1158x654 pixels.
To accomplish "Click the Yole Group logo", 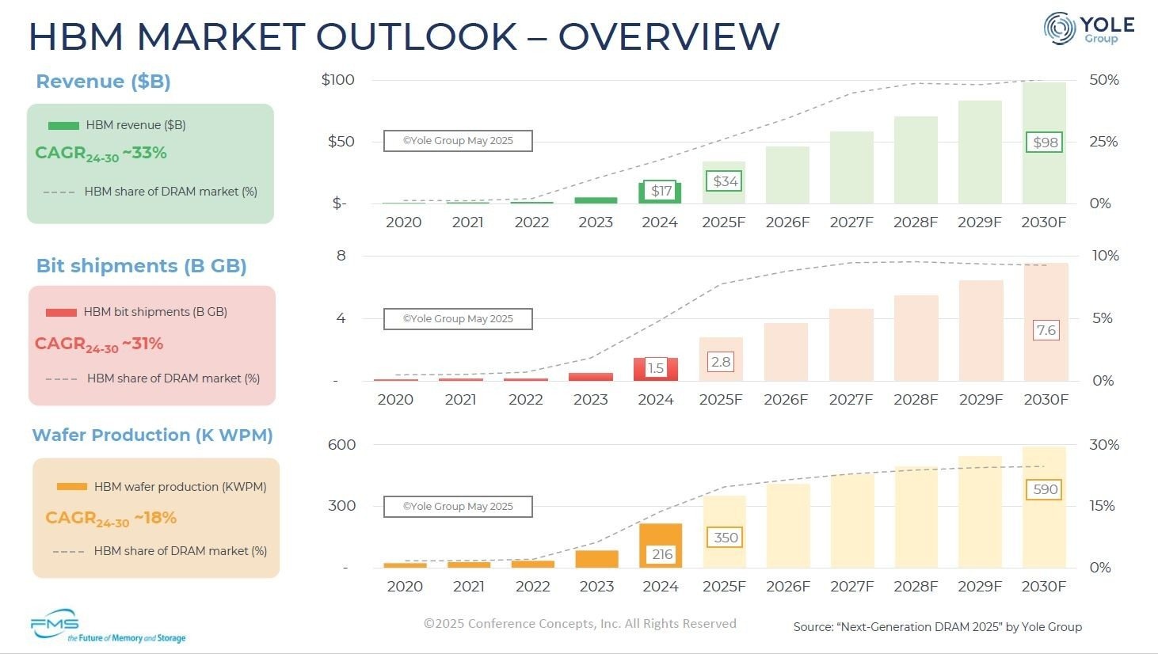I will [x=1088, y=29].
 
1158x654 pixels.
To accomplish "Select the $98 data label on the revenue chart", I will [x=1046, y=143].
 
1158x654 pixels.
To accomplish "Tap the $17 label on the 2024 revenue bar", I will [x=661, y=191].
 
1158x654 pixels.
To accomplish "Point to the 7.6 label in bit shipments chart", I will [x=1046, y=330].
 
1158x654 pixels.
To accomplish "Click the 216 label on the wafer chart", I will [x=661, y=554].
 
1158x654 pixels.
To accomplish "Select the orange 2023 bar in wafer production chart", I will [x=596, y=559].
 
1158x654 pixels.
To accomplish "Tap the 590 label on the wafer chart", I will [x=1045, y=489].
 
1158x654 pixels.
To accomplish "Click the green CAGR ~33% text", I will [x=101, y=154].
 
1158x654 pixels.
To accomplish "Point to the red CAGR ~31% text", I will [x=99, y=344].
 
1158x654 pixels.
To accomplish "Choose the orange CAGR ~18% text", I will [x=111, y=519].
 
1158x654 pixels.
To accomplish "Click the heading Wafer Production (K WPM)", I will [x=152, y=435].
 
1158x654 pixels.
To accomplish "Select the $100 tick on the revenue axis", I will [x=337, y=80].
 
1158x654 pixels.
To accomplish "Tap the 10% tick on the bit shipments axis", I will [x=1105, y=256].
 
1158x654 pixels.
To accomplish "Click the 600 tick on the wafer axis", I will [x=341, y=445].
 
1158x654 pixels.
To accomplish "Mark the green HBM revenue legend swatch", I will [x=63, y=125].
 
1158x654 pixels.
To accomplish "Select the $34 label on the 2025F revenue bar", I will [x=725, y=181].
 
